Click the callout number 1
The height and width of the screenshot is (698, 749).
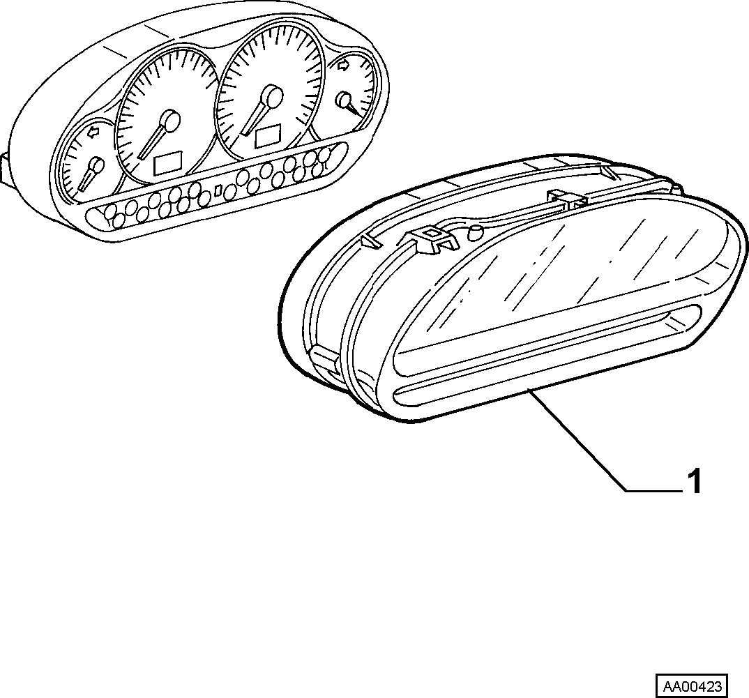(694, 481)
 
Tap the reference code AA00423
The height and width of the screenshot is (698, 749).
(691, 687)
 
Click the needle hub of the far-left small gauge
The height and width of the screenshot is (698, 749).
(97, 165)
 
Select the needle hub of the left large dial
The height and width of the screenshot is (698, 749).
(170, 120)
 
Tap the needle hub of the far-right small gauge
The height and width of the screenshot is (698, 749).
(344, 100)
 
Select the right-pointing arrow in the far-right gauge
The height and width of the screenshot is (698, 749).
(343, 67)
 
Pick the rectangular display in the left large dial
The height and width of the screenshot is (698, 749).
(167, 162)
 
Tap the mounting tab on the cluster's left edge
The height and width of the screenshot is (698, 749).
(5, 169)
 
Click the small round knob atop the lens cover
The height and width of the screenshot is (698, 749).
(475, 233)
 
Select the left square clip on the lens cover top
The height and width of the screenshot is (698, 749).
(431, 239)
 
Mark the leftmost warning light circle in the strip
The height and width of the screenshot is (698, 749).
(111, 211)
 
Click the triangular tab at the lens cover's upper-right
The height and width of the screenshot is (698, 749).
(610, 172)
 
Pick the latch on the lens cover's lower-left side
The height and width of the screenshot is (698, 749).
(325, 359)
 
